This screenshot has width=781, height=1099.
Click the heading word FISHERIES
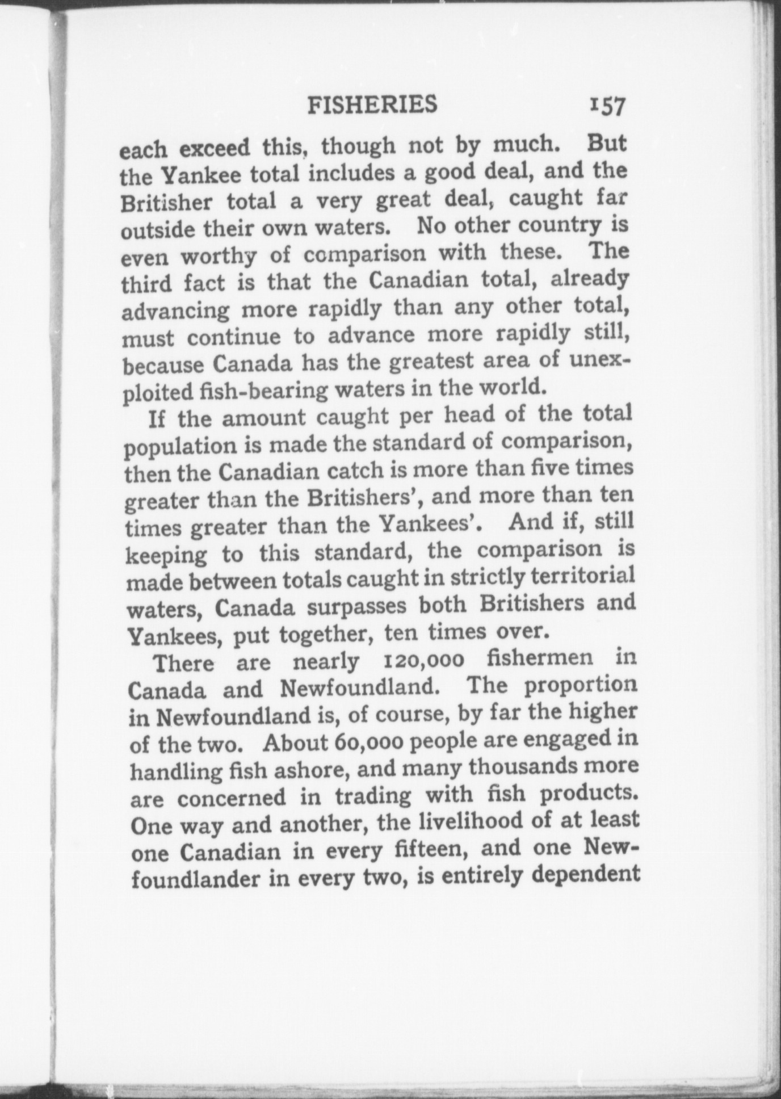click(x=372, y=104)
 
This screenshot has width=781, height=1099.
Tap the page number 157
click(x=607, y=106)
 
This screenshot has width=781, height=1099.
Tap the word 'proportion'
click(x=581, y=686)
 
